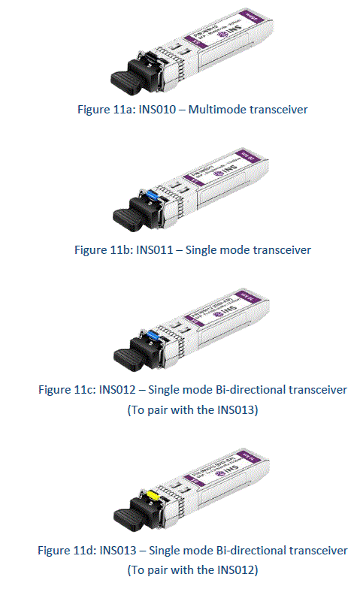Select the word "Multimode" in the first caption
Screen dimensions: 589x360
click(x=219, y=110)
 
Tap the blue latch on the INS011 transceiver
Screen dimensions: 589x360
click(x=151, y=197)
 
